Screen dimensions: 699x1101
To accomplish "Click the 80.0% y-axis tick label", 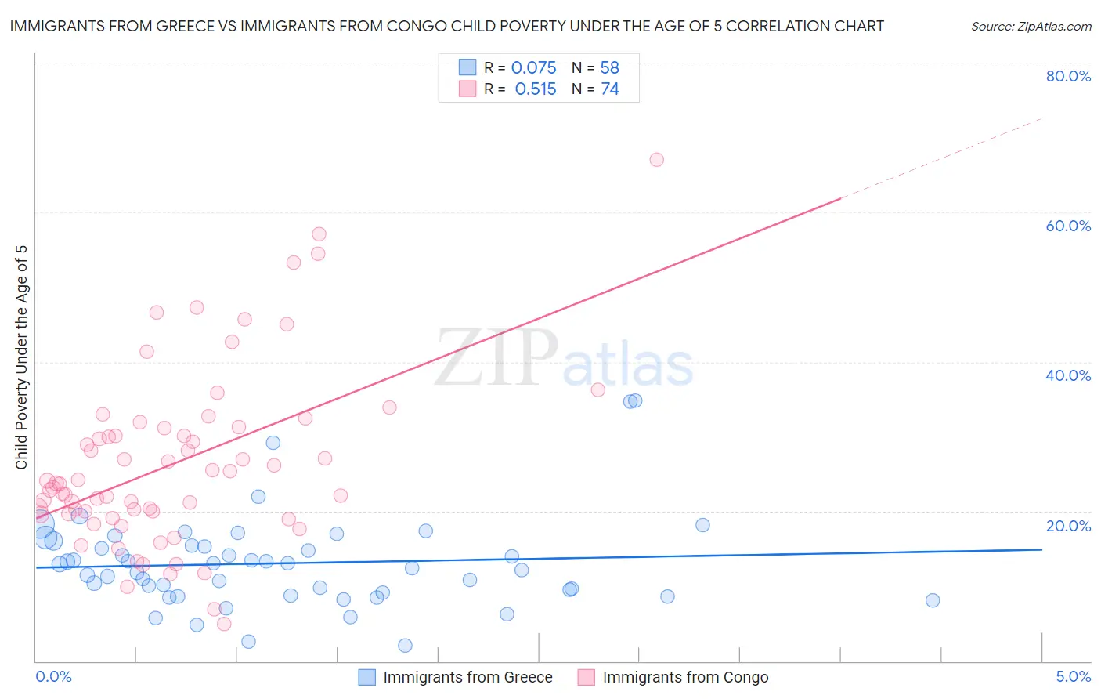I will pos(1068,76).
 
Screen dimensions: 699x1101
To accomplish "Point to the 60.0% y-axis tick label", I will pos(1068,226).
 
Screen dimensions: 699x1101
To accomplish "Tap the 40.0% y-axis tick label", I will pos(1068,375).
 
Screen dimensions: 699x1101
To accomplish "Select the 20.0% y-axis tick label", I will pos(1068,526).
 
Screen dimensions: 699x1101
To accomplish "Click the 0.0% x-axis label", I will pos(53,676).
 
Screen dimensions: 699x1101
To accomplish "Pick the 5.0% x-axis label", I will pos(1073,676).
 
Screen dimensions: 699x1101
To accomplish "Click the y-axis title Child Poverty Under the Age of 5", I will pos(22,357).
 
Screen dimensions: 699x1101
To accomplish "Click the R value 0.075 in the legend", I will pos(533,68).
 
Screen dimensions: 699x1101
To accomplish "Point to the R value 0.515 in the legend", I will pos(536,89).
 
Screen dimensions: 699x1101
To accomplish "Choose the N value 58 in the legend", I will pos(609,68).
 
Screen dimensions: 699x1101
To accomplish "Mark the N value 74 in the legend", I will pos(610,89).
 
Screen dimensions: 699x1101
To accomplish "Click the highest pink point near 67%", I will pos(657,160).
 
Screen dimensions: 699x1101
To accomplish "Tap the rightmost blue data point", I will pos(933,600).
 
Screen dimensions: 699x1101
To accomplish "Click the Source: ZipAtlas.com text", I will pos(1031,27).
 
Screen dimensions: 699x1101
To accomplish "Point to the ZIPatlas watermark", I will pos(564,359).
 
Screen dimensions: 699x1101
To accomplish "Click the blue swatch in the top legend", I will pos(467,67).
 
